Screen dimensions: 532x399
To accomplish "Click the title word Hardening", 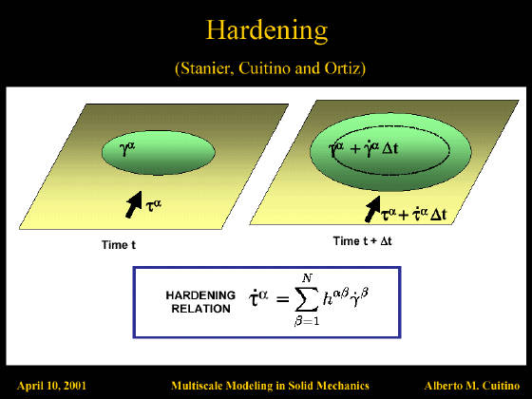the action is pyautogui.click(x=267, y=30).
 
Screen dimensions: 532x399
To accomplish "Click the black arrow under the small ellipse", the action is pyautogui.click(x=134, y=204).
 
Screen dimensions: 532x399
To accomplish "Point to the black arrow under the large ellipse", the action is pyautogui.click(x=372, y=209).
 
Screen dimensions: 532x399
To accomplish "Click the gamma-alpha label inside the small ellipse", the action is pyautogui.click(x=127, y=148).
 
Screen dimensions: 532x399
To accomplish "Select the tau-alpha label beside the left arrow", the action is pyautogui.click(x=153, y=205).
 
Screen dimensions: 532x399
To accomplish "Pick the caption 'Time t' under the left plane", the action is pyautogui.click(x=119, y=245).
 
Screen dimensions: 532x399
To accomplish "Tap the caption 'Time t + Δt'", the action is pyautogui.click(x=362, y=241).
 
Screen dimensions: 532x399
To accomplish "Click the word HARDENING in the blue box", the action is pyautogui.click(x=200, y=295).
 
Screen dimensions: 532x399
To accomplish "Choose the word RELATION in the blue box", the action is pyautogui.click(x=200, y=309).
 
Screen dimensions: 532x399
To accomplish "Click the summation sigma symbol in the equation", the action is pyautogui.click(x=307, y=299).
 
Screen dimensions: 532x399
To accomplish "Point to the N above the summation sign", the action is pyautogui.click(x=307, y=278).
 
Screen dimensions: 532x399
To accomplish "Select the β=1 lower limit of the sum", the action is pyautogui.click(x=307, y=321).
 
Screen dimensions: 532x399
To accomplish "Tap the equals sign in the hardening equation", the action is pyautogui.click(x=283, y=299).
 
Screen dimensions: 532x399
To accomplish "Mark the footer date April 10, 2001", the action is pyautogui.click(x=51, y=386).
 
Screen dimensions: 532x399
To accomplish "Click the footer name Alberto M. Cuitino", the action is pyautogui.click(x=472, y=386).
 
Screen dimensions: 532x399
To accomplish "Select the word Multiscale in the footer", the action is pyautogui.click(x=197, y=386).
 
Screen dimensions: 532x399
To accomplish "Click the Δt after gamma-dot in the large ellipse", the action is pyautogui.click(x=389, y=148).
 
